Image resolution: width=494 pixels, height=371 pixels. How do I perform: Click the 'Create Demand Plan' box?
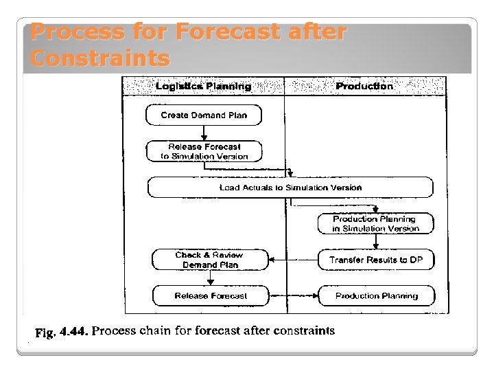(204, 115)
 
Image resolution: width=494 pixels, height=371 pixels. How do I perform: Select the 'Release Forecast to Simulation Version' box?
(204, 151)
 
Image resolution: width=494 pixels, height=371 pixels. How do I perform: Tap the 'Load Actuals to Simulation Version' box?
(290, 188)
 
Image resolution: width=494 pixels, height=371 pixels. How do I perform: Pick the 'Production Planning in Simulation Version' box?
(375, 223)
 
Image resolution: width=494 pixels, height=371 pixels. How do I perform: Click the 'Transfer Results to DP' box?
(375, 260)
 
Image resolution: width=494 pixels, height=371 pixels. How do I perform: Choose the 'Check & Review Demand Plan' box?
(209, 260)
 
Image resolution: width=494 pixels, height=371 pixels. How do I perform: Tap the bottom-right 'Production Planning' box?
(376, 296)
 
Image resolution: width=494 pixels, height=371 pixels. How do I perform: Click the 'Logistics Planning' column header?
(203, 87)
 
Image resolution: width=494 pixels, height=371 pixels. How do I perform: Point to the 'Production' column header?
(364, 87)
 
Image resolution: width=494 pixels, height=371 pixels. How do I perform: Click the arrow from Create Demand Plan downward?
(204, 133)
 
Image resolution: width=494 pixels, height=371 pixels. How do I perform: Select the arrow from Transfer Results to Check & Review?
(293, 260)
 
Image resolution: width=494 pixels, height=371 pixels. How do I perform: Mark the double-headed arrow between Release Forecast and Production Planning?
(293, 296)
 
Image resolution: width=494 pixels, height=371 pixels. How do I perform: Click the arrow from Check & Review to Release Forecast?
(210, 278)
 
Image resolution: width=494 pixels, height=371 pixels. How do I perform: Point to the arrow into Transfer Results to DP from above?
(376, 242)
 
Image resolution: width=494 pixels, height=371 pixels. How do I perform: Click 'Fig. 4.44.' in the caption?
(62, 332)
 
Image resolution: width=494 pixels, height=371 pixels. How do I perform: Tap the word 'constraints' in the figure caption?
(304, 331)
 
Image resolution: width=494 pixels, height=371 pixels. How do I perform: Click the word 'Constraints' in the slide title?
(100, 58)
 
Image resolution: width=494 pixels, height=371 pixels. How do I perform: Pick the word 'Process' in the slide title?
(77, 32)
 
